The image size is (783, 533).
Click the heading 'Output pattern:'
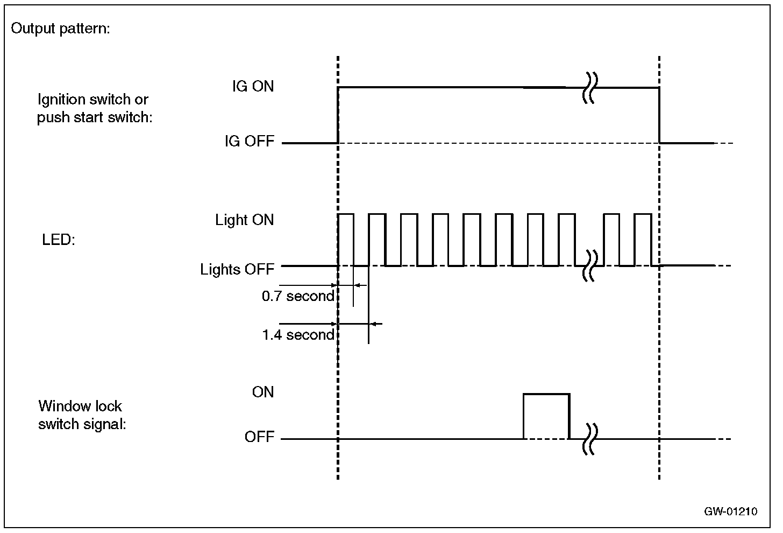[60, 29]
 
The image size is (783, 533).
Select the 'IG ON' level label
[253, 86]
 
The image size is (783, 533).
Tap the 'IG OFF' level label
[250, 142]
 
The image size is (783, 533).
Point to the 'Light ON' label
[245, 220]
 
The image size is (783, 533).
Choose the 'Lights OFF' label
[237, 269]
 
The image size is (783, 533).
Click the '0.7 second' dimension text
[297, 296]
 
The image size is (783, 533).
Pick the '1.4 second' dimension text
[297, 335]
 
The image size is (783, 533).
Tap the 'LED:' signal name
[59, 240]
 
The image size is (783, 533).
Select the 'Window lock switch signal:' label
[82, 415]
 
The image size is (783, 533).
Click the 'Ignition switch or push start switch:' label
[95, 108]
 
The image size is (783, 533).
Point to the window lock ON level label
[263, 392]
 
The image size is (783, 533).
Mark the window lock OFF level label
[260, 437]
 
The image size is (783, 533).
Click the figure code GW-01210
[731, 511]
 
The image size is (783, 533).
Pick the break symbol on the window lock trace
[590, 439]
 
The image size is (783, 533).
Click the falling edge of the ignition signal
[659, 115]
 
